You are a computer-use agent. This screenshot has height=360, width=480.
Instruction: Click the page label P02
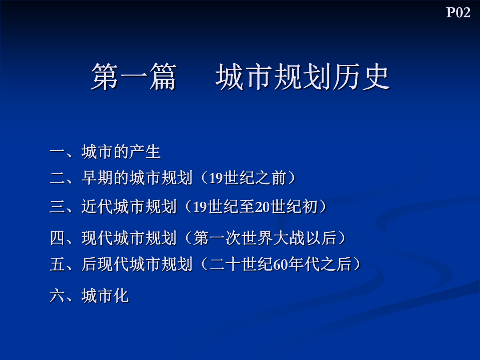[458, 12]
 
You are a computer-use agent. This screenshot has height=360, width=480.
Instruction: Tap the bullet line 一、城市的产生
[105, 152]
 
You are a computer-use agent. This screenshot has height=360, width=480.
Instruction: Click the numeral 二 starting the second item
[57, 178]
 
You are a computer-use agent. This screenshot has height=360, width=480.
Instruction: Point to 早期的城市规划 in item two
[137, 178]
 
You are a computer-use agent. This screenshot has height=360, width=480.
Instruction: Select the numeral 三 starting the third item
[57, 206]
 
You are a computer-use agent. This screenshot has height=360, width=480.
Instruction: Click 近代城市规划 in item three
[129, 206]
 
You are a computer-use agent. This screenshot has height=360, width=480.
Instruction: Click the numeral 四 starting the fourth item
[57, 238]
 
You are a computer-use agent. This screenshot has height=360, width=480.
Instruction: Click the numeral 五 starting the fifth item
[57, 264]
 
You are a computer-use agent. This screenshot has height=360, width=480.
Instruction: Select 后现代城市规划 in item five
[137, 264]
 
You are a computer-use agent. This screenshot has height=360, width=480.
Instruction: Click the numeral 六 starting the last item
[57, 296]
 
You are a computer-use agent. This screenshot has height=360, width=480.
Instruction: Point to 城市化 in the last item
[105, 296]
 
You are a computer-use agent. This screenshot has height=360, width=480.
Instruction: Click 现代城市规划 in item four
[129, 238]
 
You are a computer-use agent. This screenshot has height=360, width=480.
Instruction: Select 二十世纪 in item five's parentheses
[241, 264]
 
